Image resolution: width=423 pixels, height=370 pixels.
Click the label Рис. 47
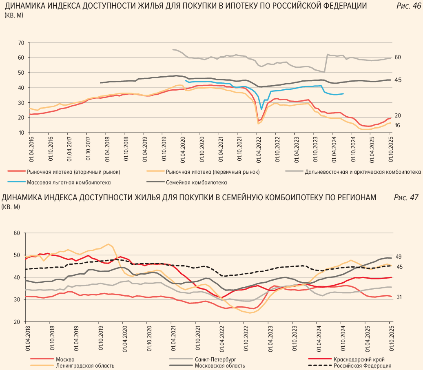406,197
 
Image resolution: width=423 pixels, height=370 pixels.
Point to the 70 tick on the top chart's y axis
21,43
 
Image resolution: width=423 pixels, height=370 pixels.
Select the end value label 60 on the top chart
398,57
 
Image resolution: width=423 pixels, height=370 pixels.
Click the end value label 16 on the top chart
398,125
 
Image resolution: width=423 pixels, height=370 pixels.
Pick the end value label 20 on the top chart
398,116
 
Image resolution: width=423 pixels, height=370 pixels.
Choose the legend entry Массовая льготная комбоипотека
69,182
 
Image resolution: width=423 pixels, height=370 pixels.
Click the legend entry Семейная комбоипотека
196,182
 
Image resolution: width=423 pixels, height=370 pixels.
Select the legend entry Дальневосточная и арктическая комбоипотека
363,172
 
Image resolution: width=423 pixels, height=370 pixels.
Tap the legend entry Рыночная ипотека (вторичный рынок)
73,172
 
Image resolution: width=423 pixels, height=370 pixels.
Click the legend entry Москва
65,359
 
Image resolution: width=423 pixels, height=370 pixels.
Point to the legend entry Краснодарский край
359,359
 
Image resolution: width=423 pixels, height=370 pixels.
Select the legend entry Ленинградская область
85,366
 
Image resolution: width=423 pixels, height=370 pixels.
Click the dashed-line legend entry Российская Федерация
363,366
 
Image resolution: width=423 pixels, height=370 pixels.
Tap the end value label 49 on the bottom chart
399,257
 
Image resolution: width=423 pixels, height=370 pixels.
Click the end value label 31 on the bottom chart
399,297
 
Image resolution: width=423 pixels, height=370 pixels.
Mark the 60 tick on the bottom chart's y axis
17,233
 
